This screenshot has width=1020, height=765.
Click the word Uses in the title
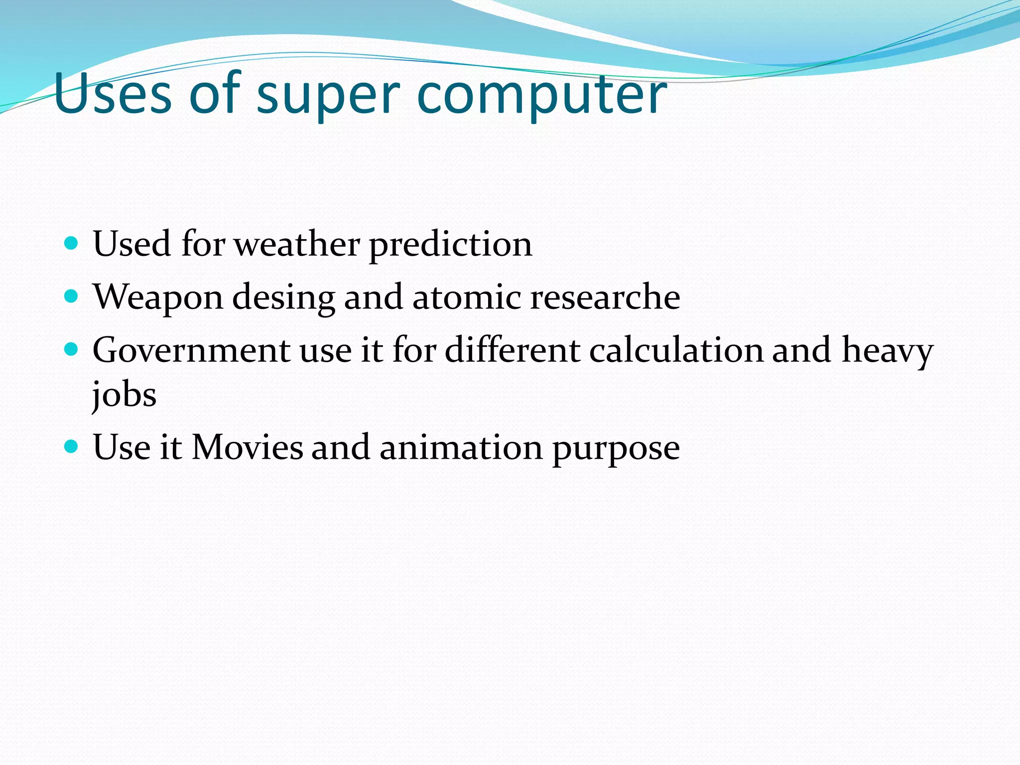point(113,94)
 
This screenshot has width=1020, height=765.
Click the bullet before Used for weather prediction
point(72,244)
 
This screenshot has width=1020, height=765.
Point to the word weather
point(297,245)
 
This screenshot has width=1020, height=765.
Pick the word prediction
point(450,246)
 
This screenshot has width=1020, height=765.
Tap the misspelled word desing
point(283,298)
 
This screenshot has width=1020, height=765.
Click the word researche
point(605,297)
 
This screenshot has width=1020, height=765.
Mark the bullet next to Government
point(72,350)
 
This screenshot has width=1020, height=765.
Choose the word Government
point(191,350)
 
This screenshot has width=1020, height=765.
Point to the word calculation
point(676,350)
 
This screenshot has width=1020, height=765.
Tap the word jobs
point(124,395)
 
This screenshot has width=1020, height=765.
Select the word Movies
point(247,447)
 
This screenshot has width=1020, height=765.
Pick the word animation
point(461,447)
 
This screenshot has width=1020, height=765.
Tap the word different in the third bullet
point(512,350)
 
